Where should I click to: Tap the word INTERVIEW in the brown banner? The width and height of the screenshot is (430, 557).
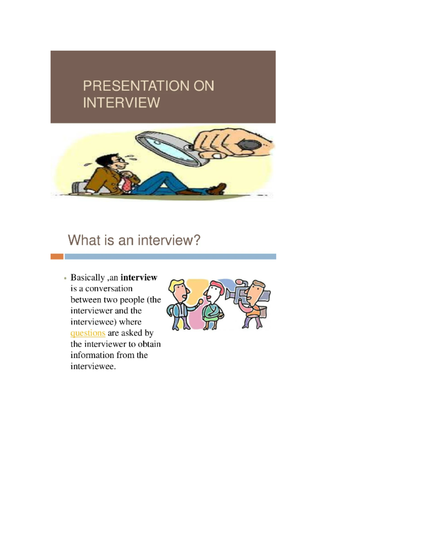(121, 103)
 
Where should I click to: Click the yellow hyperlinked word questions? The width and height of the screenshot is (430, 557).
(88, 333)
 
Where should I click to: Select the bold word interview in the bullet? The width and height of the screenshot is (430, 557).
(139, 278)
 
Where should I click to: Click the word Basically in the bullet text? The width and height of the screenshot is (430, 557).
(87, 278)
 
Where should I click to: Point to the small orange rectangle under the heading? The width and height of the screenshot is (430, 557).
(57, 256)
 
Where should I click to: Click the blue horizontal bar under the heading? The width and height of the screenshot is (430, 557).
(170, 256)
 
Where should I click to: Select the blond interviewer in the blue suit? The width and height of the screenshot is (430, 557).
(181, 305)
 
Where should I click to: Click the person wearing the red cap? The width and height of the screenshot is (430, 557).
(214, 305)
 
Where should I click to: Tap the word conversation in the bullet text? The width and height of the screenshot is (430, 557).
(109, 289)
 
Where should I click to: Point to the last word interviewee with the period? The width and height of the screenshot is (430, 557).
(93, 366)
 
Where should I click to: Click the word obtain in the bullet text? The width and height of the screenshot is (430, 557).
(149, 344)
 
